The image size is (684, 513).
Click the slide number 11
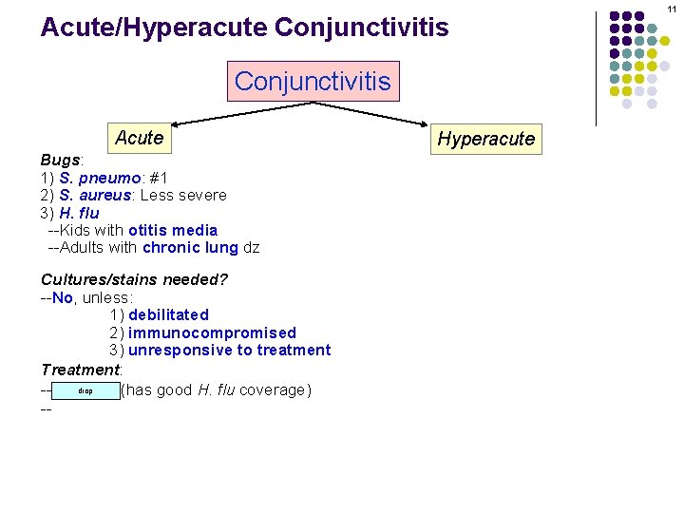672,9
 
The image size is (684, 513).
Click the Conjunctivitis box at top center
313,81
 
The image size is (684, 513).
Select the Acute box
139,138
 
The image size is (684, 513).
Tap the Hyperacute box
485,139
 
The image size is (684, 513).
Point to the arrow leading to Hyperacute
380,113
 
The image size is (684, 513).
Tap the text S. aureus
95,196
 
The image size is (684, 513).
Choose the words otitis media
172,231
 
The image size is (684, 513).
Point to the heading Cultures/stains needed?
134,279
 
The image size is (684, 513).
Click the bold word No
63,297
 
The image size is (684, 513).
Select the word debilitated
168,314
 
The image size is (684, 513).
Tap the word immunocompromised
212,332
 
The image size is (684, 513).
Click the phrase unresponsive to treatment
229,350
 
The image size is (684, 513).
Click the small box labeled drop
85,390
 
